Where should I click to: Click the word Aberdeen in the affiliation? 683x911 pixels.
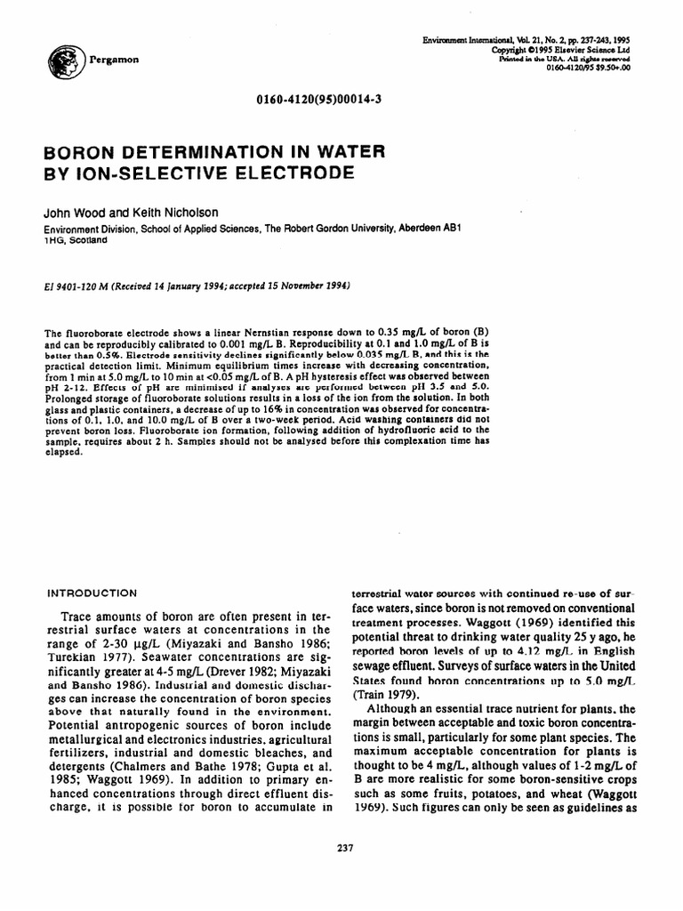coord(413,228)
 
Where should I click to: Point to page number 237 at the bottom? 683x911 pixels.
coord(347,846)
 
